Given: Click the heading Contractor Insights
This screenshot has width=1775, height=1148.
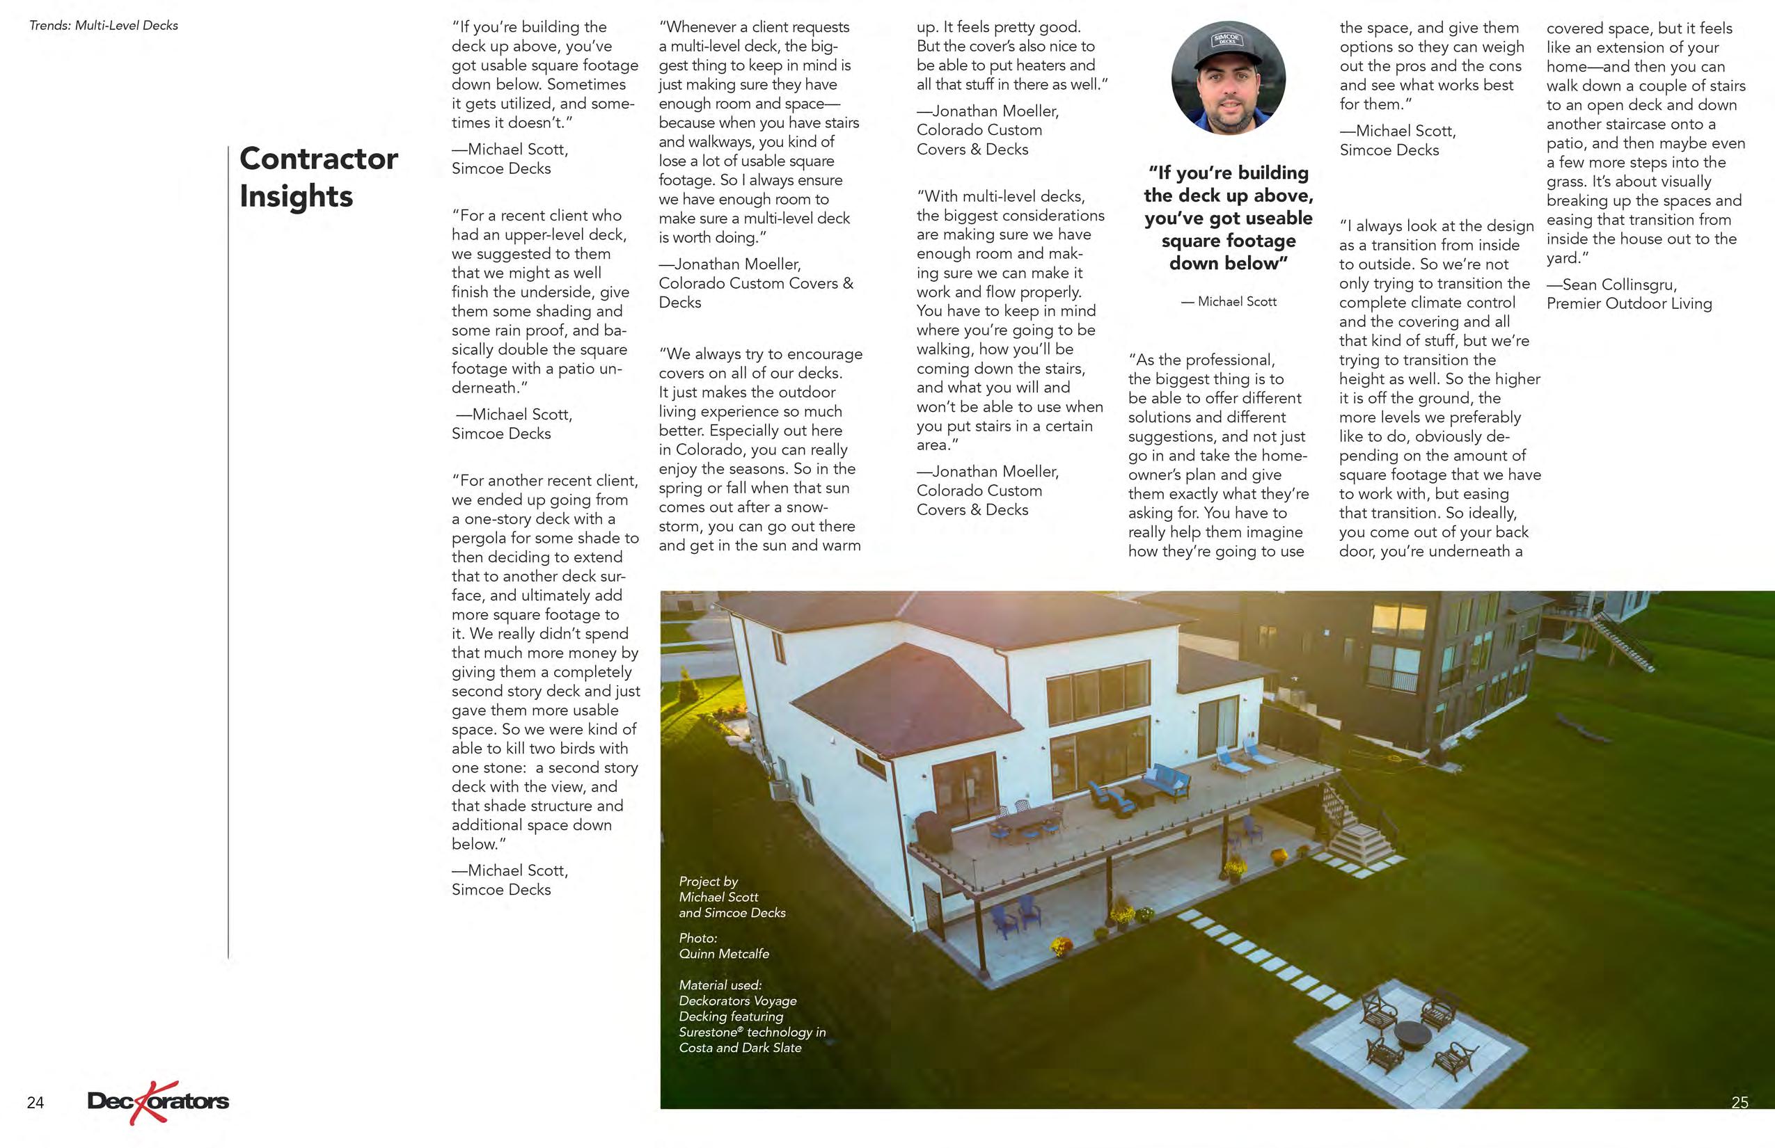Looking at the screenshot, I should [319, 177].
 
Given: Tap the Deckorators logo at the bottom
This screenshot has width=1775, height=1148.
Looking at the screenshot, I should [157, 1101].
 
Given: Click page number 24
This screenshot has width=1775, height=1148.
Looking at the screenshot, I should [35, 1103].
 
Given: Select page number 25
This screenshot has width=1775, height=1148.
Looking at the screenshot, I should [1739, 1103].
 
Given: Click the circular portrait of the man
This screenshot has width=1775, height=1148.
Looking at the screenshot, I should [1229, 78].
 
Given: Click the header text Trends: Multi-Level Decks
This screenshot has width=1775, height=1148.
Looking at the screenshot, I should [104, 25].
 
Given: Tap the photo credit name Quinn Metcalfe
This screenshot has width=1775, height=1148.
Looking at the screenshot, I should [723, 953].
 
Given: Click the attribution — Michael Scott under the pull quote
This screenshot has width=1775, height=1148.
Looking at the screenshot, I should [1229, 301].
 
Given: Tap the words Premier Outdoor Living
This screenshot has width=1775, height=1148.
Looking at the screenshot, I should [1629, 303].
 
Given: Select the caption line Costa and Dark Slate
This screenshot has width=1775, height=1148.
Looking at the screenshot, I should [740, 1047].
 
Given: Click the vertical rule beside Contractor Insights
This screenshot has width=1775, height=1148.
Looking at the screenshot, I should [228, 552].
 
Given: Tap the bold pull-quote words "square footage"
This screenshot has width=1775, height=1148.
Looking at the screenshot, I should [1229, 241].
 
